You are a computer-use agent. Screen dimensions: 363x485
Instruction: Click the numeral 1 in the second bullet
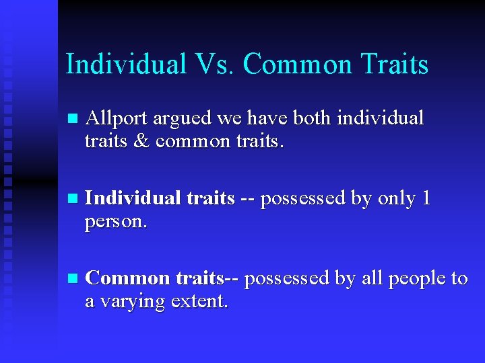tap(424, 198)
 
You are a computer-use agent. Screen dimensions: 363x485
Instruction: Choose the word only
tap(395, 198)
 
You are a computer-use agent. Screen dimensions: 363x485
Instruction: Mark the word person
tap(115, 223)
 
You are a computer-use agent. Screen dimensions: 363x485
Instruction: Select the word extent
tap(199, 302)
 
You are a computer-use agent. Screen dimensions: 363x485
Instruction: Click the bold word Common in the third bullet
tap(129, 278)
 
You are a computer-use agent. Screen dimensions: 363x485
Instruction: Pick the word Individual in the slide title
tap(126, 65)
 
